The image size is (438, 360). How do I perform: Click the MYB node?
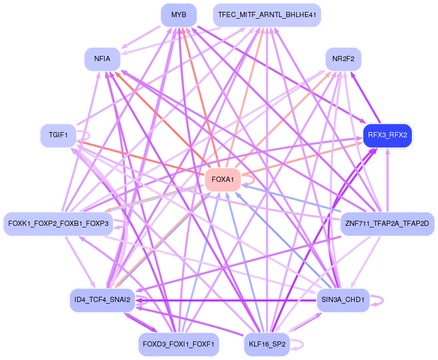point(179,15)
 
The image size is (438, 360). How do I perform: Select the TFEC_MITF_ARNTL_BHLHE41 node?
point(267,15)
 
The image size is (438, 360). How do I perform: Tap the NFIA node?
point(102,59)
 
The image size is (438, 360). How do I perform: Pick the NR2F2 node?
point(343,59)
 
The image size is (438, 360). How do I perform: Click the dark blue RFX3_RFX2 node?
point(387,136)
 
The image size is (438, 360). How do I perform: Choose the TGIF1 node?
point(59,136)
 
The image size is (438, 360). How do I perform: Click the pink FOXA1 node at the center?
point(223,180)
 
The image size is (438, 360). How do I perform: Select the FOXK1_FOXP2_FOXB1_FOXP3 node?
point(58,224)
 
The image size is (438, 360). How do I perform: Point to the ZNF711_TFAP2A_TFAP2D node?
point(387,224)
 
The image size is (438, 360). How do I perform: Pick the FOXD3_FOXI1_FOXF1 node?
point(179,344)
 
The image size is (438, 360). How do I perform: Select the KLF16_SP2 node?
point(267,344)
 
